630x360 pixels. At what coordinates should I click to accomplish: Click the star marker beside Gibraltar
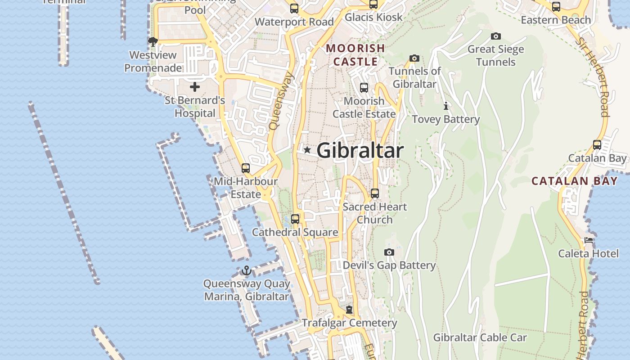[x=307, y=150]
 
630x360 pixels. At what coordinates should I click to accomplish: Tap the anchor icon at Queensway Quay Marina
[x=246, y=270]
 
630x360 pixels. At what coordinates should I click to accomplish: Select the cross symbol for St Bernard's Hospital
[x=195, y=86]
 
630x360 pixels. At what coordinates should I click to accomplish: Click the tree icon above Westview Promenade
[x=153, y=42]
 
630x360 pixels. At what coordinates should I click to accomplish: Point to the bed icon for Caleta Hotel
[x=589, y=240]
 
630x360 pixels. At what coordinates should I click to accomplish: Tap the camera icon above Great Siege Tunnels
[x=496, y=36]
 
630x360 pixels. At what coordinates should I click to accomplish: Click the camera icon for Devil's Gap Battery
[x=389, y=252]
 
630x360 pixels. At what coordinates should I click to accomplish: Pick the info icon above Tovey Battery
[x=446, y=106]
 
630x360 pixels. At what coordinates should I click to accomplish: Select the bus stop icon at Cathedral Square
[x=295, y=219]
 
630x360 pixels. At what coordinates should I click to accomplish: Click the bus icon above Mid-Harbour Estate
[x=246, y=168]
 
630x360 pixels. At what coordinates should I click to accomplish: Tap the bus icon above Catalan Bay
[x=597, y=145]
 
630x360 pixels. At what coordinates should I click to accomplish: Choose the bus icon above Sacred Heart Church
[x=375, y=193]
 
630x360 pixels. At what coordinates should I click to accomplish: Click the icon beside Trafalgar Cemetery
[x=349, y=310]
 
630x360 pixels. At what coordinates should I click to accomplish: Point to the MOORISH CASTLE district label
[x=355, y=54]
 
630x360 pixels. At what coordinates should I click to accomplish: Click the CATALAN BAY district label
[x=575, y=181]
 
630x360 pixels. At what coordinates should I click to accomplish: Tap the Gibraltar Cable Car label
[x=480, y=337]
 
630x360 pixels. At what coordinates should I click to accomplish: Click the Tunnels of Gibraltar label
[x=415, y=77]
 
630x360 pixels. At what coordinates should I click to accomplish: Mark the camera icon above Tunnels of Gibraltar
[x=414, y=58]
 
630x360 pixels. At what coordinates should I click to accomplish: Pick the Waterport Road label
[x=294, y=22]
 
